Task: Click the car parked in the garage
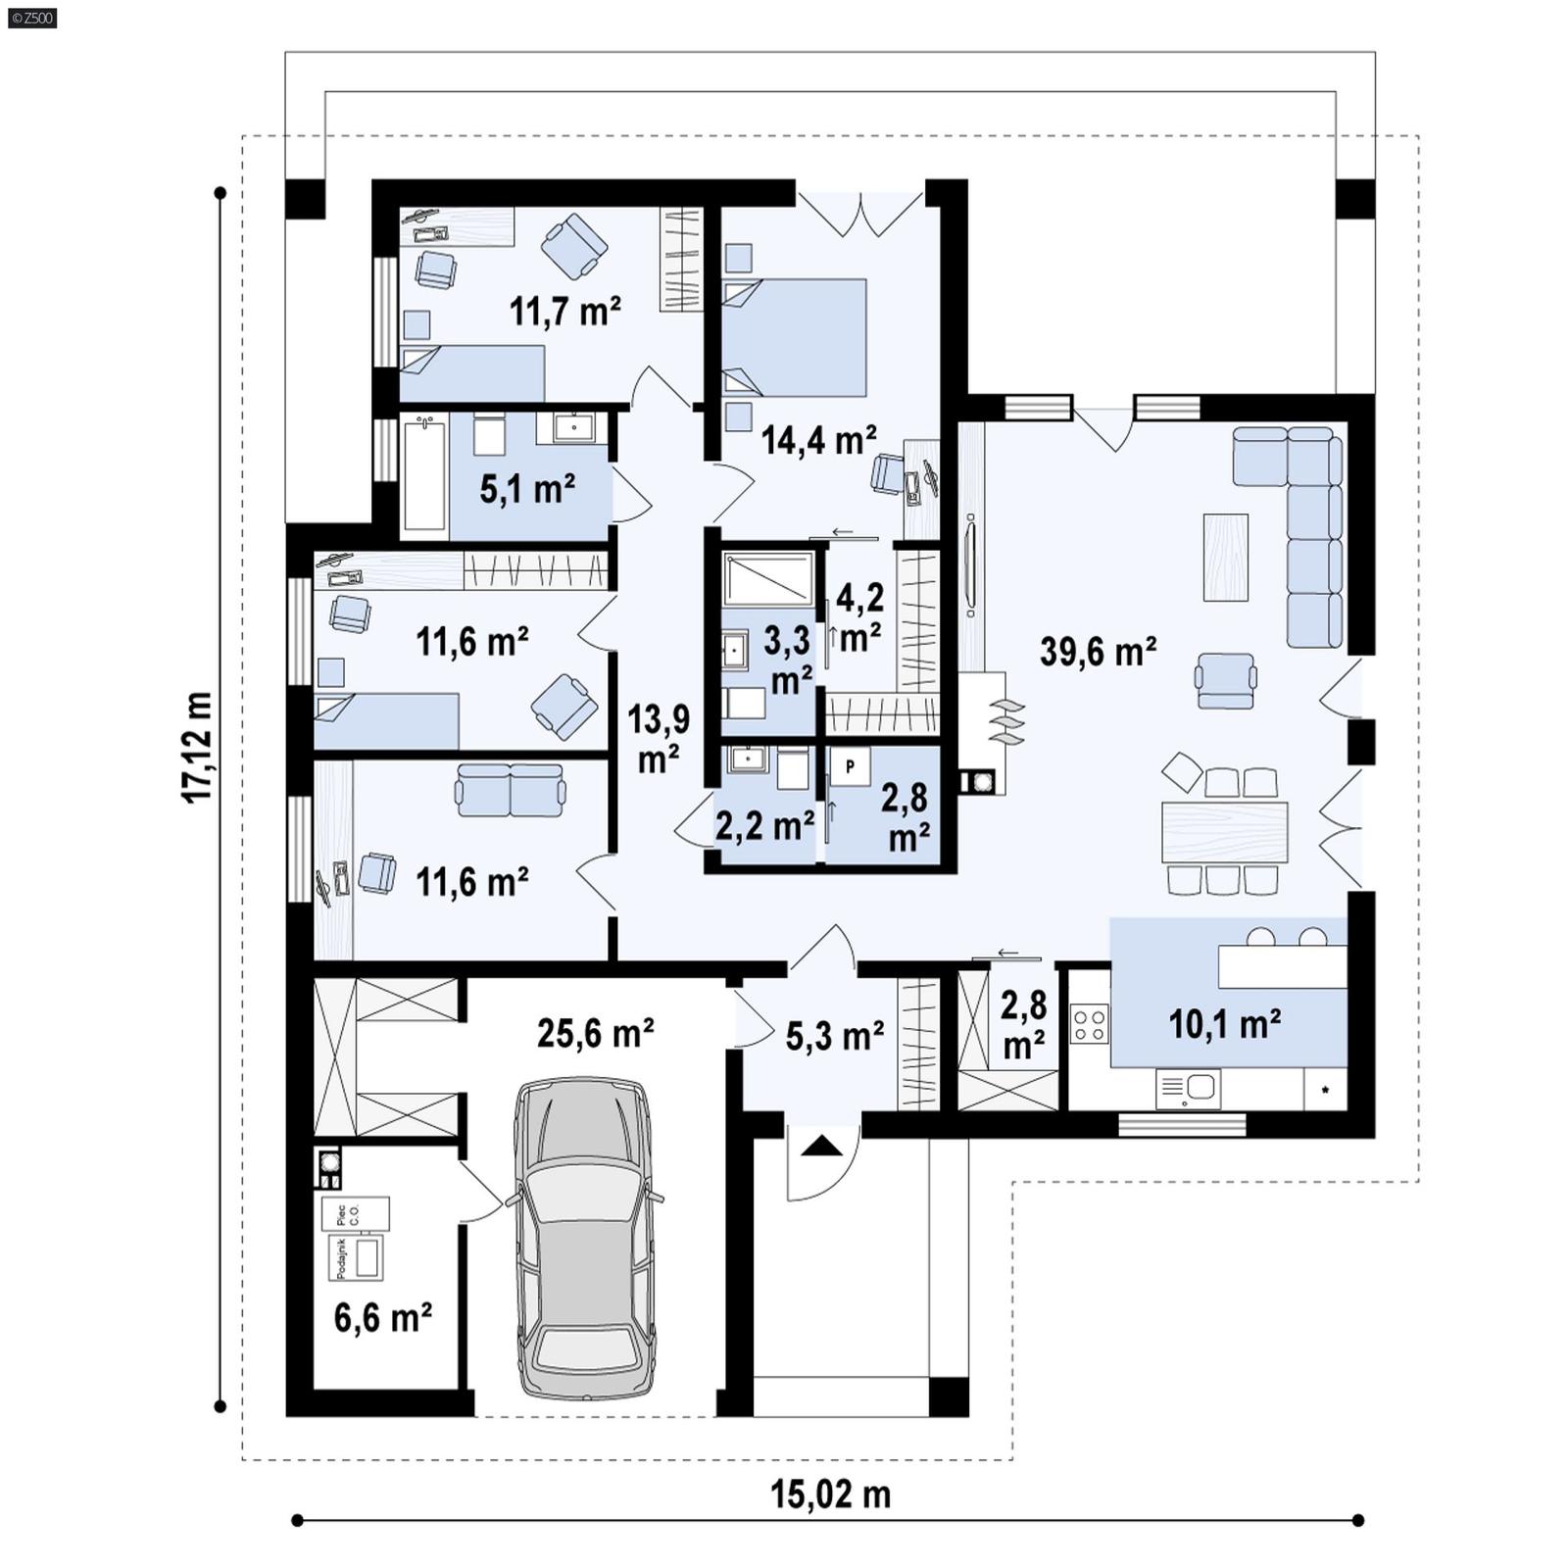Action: point(585,1237)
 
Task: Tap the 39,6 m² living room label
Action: point(1098,652)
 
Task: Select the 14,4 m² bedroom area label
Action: point(818,441)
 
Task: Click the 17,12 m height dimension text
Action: point(198,748)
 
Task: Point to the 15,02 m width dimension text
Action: point(830,1494)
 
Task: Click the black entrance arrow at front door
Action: point(821,1145)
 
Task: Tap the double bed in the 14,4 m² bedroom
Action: point(796,337)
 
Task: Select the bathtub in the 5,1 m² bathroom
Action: point(423,475)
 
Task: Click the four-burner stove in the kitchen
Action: point(1090,1024)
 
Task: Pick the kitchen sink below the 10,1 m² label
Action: point(1189,1088)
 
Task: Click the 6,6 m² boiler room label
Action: point(382,1318)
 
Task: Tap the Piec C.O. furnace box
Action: point(355,1214)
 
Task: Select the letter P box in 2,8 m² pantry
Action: point(850,765)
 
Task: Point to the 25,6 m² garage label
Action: point(595,1033)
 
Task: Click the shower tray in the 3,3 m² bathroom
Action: point(768,578)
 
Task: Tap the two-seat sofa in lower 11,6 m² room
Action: point(510,790)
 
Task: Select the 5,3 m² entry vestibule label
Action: point(835,1035)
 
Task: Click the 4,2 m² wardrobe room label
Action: point(859,617)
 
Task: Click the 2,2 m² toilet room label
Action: point(763,826)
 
